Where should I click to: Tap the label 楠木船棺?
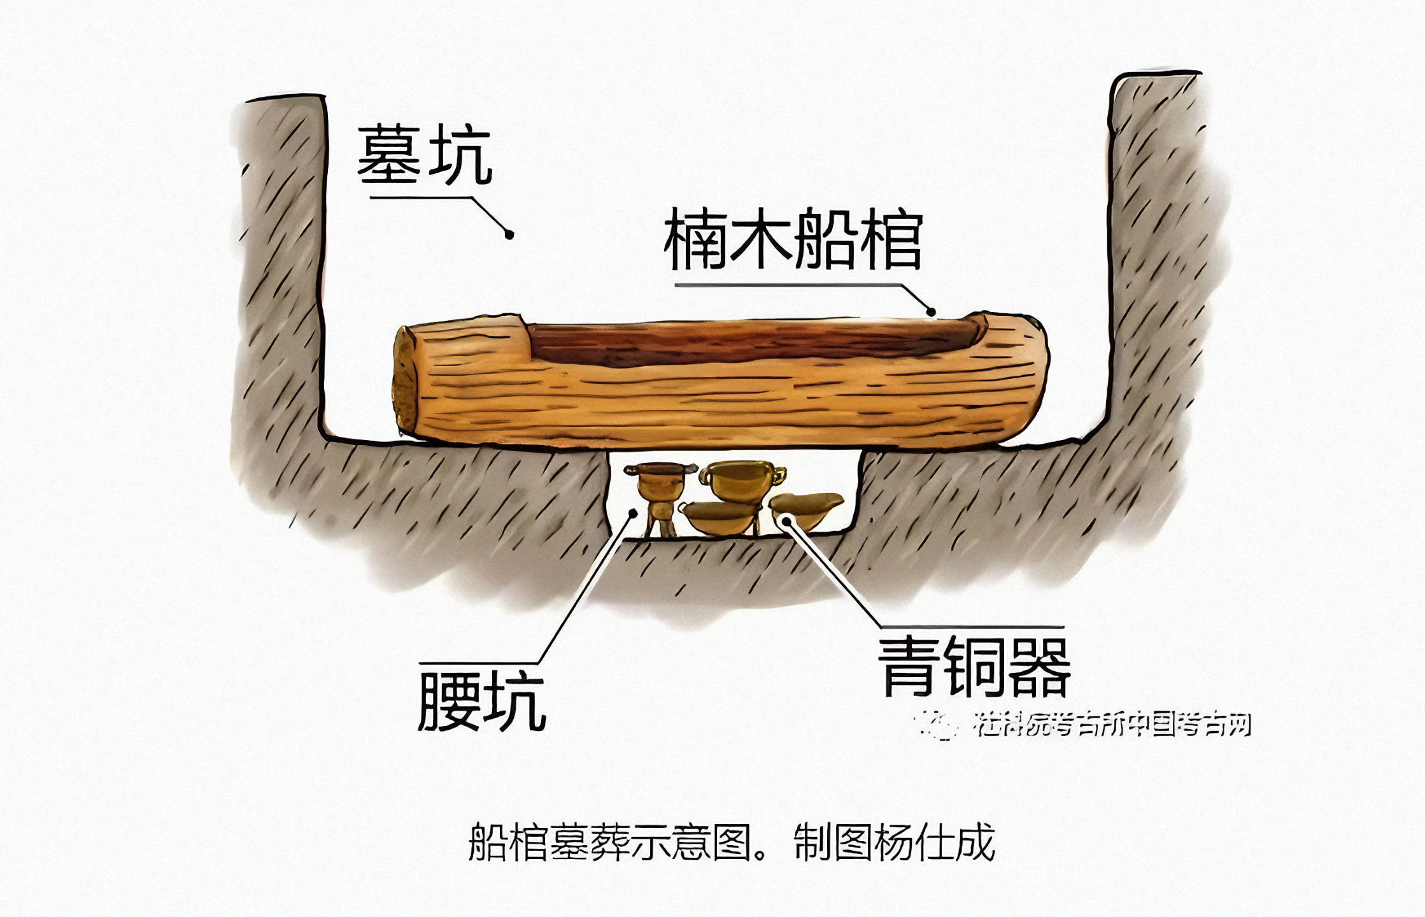(x=793, y=239)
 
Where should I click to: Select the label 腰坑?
(x=482, y=702)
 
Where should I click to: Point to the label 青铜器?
(x=974, y=667)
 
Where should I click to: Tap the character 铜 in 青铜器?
(x=974, y=667)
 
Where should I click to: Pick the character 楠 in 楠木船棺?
(x=695, y=239)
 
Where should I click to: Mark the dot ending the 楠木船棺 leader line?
(x=930, y=312)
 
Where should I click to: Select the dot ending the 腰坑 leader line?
(x=633, y=513)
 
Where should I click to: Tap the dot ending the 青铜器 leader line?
(x=786, y=522)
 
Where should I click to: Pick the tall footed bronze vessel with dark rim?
(x=660, y=494)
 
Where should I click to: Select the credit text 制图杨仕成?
(x=894, y=842)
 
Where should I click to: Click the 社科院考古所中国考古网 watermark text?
(x=1111, y=725)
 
